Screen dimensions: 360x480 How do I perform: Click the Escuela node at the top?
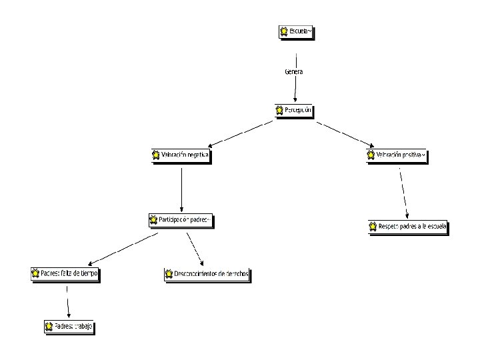295,31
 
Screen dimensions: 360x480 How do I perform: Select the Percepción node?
293,110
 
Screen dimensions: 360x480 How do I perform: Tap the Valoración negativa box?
181,156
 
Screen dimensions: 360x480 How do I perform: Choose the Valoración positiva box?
396,156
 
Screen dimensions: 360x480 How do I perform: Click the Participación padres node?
181,219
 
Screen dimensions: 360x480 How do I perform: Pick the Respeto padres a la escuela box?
408,227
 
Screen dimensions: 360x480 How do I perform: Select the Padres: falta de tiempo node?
65,273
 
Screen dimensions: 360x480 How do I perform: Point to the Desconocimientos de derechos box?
207,274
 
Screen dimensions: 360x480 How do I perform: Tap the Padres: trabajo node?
69,327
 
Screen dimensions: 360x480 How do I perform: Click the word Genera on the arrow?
294,71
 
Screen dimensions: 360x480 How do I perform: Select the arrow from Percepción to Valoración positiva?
345,133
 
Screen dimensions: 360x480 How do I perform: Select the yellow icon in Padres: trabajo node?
49,327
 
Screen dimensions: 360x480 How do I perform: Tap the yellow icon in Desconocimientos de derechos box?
169,274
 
